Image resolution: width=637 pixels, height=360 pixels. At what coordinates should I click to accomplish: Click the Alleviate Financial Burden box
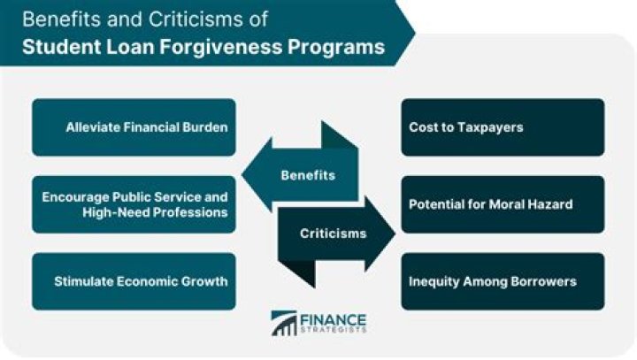pos(134,127)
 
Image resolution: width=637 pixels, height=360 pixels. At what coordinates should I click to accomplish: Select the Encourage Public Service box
pos(134,204)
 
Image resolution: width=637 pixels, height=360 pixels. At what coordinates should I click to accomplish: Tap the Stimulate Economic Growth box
pos(134,281)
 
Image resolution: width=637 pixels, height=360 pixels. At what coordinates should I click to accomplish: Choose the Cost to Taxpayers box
pos(503,127)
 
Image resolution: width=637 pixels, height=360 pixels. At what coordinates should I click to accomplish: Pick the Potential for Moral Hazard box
pos(503,204)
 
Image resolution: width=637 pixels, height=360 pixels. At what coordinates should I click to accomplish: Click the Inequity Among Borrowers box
pos(503,281)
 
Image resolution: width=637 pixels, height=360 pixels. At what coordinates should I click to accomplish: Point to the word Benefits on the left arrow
pos(308,175)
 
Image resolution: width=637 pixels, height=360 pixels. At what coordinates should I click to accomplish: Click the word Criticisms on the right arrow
pos(334,234)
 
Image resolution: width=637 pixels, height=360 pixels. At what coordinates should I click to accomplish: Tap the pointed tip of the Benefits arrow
pos(242,175)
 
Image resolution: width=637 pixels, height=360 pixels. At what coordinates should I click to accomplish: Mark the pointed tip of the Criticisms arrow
pos(395,234)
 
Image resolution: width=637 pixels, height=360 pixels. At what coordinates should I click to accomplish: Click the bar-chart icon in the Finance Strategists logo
pos(284,324)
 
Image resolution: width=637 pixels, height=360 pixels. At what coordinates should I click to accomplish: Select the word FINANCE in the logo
pos(334,320)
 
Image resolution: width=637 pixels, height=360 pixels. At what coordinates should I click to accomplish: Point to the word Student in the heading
pos(62,46)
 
